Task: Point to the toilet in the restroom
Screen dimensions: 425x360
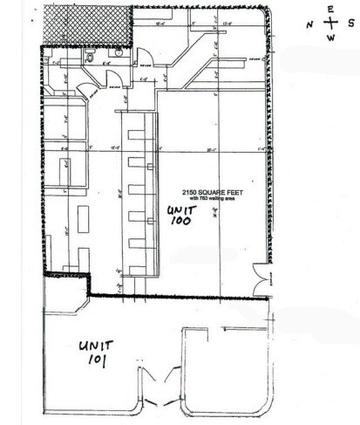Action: [x=91, y=54]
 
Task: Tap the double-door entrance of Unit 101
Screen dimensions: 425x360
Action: [x=157, y=401]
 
